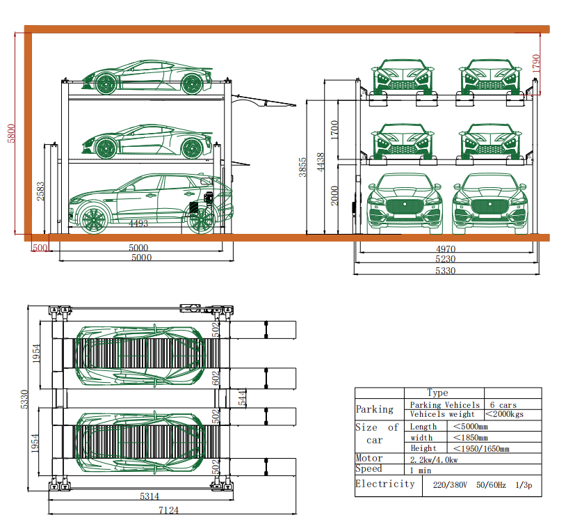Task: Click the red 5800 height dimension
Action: pos(11,134)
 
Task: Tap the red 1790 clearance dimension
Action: pos(536,63)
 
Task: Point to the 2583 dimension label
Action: pos(40,191)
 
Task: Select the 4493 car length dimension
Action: pos(138,223)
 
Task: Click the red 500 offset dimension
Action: pos(40,248)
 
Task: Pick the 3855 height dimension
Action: pos(302,167)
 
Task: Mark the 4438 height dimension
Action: pos(321,162)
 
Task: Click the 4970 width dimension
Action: pos(446,249)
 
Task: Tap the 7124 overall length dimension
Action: pos(168,510)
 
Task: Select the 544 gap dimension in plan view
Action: pos(243,397)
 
